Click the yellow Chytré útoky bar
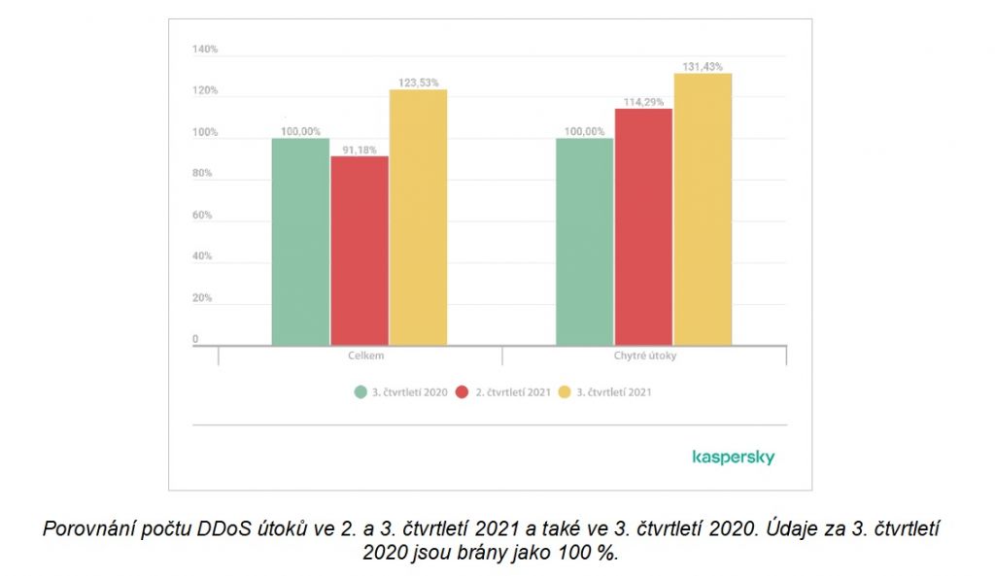click(702, 209)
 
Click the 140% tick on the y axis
click(204, 49)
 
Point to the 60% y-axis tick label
click(204, 215)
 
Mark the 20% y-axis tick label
click(204, 298)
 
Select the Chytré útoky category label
click(645, 356)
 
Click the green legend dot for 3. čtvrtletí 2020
click(360, 392)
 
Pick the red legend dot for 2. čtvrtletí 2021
click(463, 392)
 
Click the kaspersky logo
click(733, 457)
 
